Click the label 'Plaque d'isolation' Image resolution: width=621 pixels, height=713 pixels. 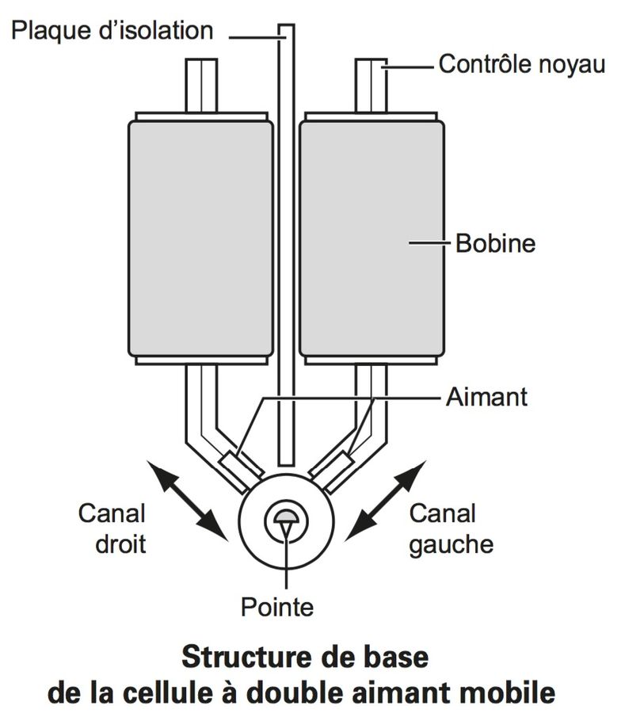click(112, 30)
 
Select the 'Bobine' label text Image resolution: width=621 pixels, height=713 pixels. click(495, 242)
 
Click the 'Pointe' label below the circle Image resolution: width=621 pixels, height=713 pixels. click(277, 608)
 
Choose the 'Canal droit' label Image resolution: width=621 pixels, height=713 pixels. click(112, 529)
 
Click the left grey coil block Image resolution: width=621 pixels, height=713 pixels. click(200, 238)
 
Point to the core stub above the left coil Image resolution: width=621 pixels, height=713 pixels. click(201, 86)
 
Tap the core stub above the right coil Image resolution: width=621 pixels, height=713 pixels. click(371, 86)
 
